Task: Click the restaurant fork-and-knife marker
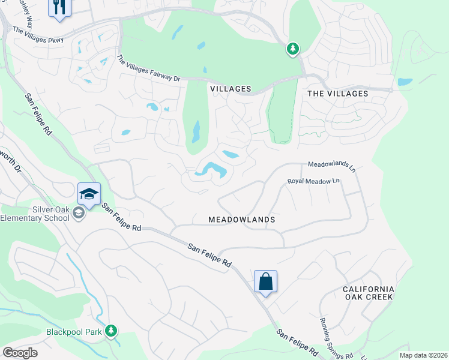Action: click(59, 8)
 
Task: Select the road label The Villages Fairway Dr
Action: click(148, 68)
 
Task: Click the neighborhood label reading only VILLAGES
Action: click(231, 89)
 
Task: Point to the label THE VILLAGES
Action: click(337, 94)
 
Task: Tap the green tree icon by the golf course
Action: click(292, 49)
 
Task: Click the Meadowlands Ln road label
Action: click(332, 166)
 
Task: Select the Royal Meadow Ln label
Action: click(313, 181)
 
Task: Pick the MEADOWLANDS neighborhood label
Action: click(241, 220)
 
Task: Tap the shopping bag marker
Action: click(265, 281)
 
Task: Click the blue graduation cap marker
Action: click(89, 194)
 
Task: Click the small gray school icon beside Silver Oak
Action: click(77, 213)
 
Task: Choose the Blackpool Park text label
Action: click(74, 331)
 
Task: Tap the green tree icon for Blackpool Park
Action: click(110, 331)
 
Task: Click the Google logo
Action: click(20, 353)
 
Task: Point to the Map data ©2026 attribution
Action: click(423, 355)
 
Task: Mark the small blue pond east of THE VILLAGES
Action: click(405, 82)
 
